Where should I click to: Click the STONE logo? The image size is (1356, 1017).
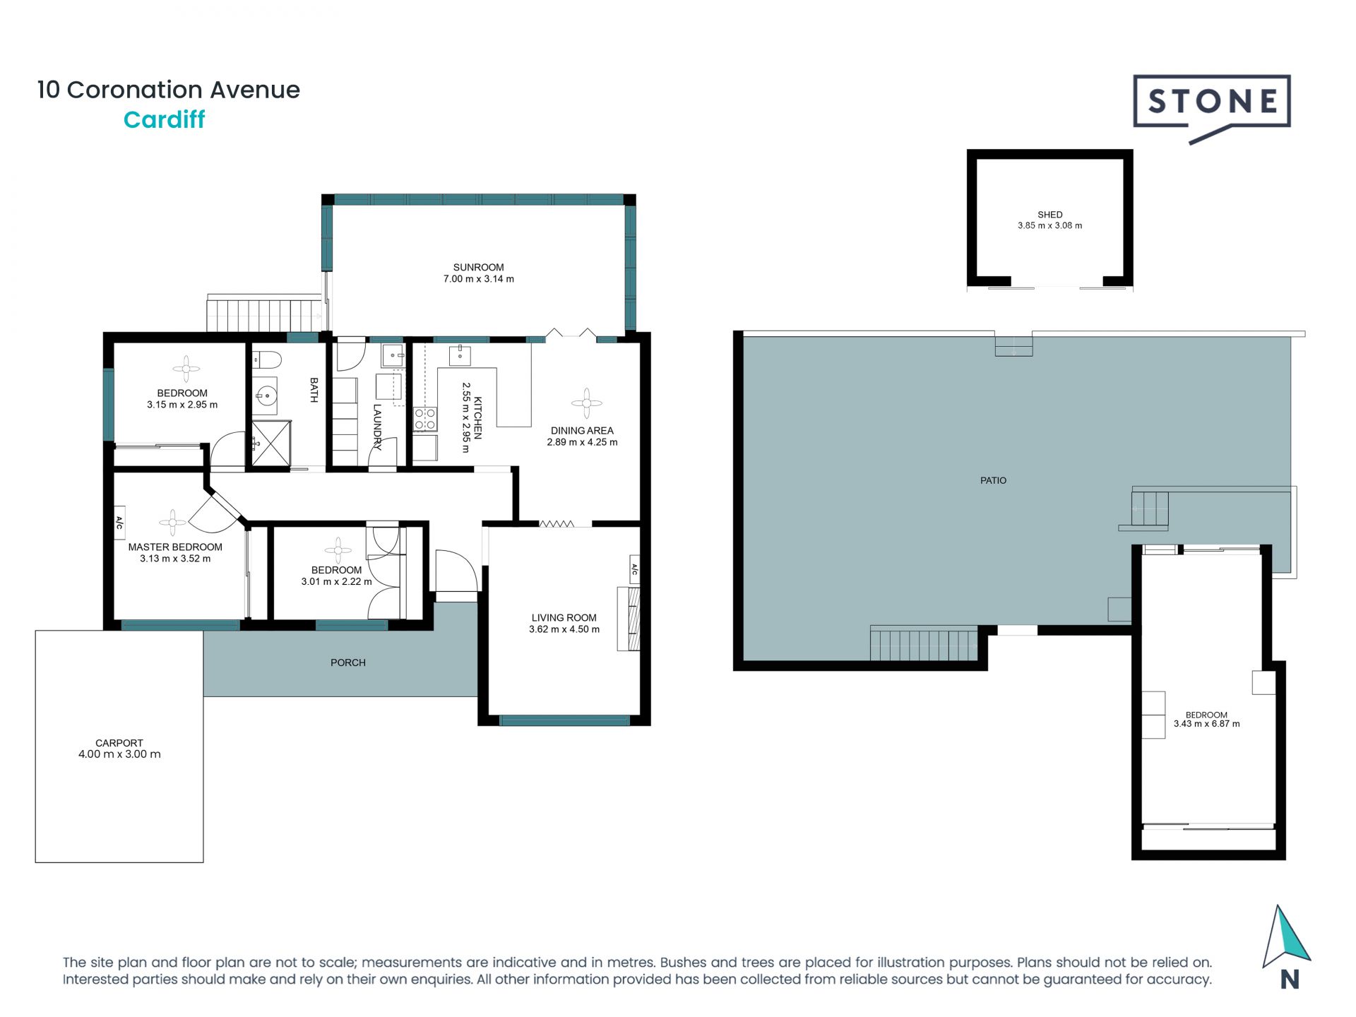pyautogui.click(x=1212, y=108)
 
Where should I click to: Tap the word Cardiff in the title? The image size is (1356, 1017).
pyautogui.click(x=164, y=120)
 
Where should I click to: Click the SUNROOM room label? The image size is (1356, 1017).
pyautogui.click(x=478, y=267)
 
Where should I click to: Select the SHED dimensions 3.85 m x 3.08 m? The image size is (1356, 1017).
pyautogui.click(x=1049, y=226)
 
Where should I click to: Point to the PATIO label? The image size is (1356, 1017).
pyautogui.click(x=993, y=480)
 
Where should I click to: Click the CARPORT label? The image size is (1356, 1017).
pyautogui.click(x=119, y=743)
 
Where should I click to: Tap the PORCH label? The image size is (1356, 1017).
pyautogui.click(x=348, y=662)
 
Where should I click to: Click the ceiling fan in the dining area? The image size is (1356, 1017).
pyautogui.click(x=586, y=403)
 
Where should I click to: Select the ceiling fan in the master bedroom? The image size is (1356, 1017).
pyautogui.click(x=172, y=523)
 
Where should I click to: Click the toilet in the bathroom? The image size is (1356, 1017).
pyautogui.click(x=267, y=360)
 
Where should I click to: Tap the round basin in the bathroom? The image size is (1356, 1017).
pyautogui.click(x=266, y=396)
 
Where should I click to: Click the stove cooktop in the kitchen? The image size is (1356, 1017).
pyautogui.click(x=425, y=419)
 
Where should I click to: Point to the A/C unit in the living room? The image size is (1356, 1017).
pyautogui.click(x=634, y=569)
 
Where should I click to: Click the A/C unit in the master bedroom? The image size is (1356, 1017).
pyautogui.click(x=119, y=523)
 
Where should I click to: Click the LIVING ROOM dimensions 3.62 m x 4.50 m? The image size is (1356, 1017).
pyautogui.click(x=564, y=629)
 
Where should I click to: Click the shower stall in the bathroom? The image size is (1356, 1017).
pyautogui.click(x=271, y=444)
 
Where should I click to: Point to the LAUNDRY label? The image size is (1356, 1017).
pyautogui.click(x=377, y=427)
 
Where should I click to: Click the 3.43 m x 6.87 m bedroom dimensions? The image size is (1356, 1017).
pyautogui.click(x=1206, y=724)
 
